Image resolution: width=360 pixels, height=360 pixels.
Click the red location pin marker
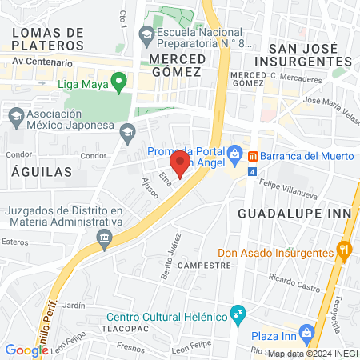pos(181,164)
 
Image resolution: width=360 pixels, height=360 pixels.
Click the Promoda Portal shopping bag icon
pos(234,153)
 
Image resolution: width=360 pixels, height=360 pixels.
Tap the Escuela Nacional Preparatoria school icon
pos(146,34)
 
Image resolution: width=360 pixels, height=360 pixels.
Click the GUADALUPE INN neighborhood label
pos(283,214)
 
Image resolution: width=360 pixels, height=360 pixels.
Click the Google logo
pos(26,350)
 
